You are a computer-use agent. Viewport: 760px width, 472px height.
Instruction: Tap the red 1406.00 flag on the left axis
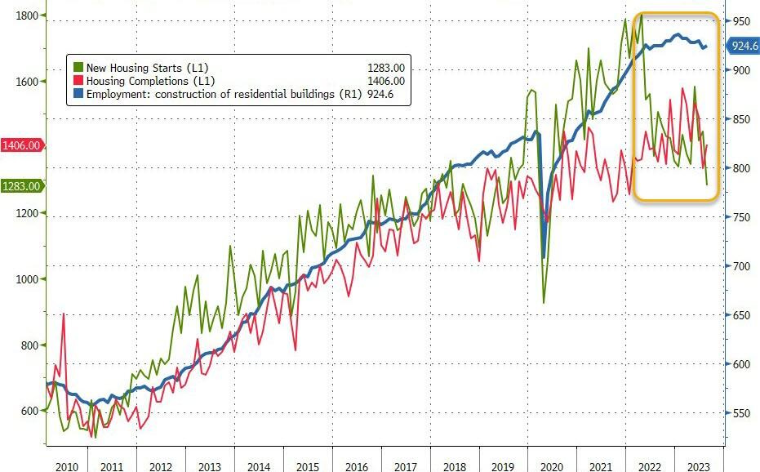pos(20,145)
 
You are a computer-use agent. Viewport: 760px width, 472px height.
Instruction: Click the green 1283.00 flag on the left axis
pos(20,186)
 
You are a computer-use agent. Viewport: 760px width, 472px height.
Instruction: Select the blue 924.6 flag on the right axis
pos(744,46)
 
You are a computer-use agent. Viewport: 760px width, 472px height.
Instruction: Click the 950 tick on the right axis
pos(740,21)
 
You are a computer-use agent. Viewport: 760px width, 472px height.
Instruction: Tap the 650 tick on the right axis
pos(740,315)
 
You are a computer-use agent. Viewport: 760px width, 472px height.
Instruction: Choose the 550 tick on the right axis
pos(740,413)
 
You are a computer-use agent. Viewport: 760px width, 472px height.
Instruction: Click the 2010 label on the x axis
pos(65,466)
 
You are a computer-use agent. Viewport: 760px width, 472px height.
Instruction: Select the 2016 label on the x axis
pos(356,466)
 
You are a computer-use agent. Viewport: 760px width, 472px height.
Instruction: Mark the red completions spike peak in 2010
pos(63,314)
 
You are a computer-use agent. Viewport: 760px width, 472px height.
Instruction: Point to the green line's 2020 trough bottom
pos(544,303)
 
